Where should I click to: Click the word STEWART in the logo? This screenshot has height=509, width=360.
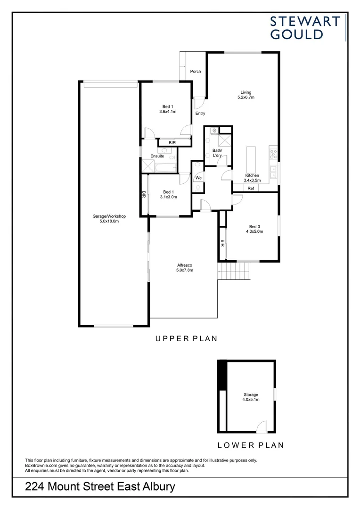[305, 21]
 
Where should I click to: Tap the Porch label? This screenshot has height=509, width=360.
[196, 72]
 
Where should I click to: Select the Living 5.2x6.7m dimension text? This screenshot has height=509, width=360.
[246, 98]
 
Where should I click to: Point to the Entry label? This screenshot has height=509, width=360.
[200, 114]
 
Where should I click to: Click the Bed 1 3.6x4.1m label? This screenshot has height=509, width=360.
[168, 109]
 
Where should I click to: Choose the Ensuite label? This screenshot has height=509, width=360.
[157, 156]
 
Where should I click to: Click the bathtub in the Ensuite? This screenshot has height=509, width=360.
[165, 166]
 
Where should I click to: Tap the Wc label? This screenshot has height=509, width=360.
[199, 178]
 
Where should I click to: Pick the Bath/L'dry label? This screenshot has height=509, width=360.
[217, 153]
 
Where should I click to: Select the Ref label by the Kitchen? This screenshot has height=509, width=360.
[251, 189]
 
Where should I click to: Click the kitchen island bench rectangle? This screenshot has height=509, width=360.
[251, 159]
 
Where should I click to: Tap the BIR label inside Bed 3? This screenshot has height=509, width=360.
[222, 243]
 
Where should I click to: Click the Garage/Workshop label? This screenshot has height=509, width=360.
[109, 219]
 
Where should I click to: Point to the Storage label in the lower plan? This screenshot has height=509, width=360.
[251, 397]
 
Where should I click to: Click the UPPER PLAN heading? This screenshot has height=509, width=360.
[186, 338]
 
